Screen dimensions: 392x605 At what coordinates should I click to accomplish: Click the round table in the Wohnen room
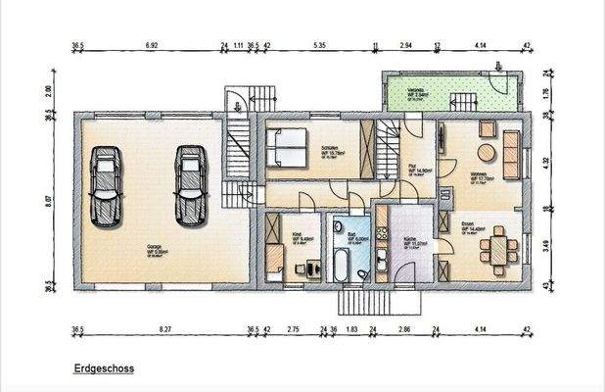(x=485, y=152)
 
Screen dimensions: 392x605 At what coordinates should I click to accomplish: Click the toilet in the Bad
(x=361, y=274)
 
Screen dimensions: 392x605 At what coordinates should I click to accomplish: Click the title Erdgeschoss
(x=102, y=371)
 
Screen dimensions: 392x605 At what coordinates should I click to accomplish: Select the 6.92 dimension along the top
(x=152, y=46)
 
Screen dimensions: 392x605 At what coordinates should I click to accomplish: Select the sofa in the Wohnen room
(x=511, y=147)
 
